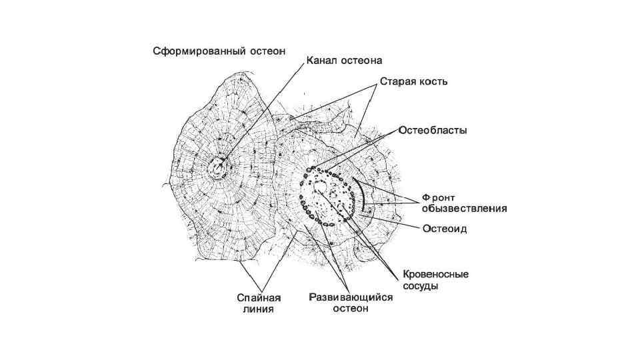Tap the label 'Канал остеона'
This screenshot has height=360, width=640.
pos(343,61)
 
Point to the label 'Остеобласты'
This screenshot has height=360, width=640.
pos(433,130)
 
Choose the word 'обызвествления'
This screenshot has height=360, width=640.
pos(463,208)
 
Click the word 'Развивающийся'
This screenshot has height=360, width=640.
pos(351,298)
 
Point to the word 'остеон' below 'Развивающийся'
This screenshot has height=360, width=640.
pos(351,309)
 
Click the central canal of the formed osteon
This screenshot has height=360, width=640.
pos(217,169)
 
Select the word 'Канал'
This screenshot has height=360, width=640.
pos(321,61)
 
